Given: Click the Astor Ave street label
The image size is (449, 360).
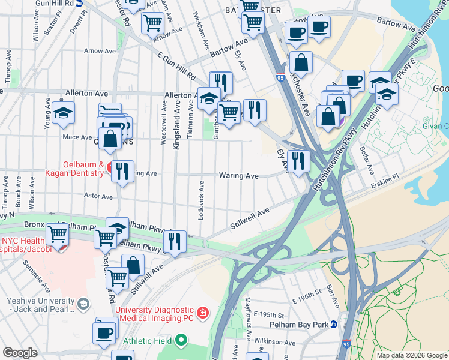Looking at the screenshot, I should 98,196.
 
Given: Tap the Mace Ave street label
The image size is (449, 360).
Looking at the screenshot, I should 77,137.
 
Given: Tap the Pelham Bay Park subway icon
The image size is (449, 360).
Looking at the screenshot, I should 334,325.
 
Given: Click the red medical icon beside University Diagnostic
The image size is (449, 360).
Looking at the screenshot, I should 203,313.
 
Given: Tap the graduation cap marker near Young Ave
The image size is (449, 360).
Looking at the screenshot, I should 63,113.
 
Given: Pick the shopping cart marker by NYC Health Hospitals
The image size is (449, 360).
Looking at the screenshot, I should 58,233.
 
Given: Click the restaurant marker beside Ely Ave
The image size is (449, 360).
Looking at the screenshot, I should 297,160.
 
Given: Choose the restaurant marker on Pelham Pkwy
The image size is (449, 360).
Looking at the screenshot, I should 175,241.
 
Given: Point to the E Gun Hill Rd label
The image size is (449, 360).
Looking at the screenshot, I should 177,66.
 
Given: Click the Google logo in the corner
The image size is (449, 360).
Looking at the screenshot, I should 20,353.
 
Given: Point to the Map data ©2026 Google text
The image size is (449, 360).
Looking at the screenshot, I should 411,355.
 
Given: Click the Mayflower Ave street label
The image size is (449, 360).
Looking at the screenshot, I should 248,312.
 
